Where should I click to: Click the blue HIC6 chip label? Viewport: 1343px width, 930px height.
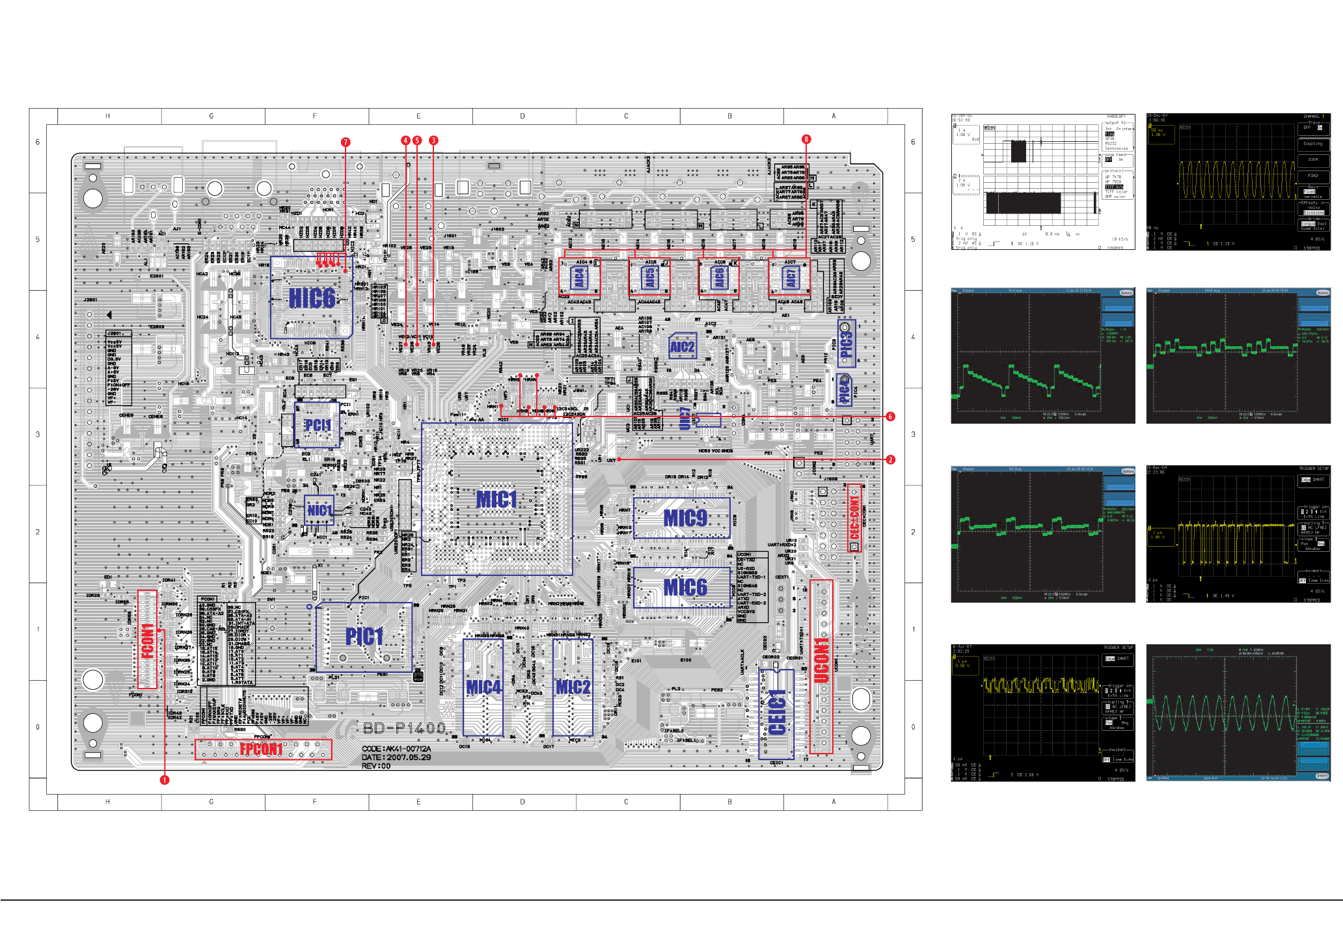(312, 299)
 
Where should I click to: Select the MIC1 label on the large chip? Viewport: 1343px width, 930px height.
(496, 499)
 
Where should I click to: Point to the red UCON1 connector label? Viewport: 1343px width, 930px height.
(821, 661)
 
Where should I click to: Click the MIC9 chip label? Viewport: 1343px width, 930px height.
(685, 518)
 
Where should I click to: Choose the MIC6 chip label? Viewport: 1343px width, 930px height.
(685, 588)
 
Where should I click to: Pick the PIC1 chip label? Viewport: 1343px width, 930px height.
(364, 636)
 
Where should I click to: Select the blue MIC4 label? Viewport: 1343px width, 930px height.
(483, 687)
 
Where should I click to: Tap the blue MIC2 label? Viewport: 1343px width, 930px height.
(573, 687)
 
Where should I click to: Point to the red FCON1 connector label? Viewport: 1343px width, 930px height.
(148, 640)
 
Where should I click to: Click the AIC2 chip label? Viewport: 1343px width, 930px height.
(682, 347)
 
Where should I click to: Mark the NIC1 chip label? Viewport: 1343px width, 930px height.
(319, 510)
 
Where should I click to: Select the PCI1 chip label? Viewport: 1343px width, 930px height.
(318, 425)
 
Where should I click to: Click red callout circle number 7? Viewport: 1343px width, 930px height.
(346, 142)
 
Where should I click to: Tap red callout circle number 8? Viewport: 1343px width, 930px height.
(806, 139)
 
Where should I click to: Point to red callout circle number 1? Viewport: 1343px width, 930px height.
(165, 780)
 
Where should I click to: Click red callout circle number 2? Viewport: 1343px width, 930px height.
(890, 459)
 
